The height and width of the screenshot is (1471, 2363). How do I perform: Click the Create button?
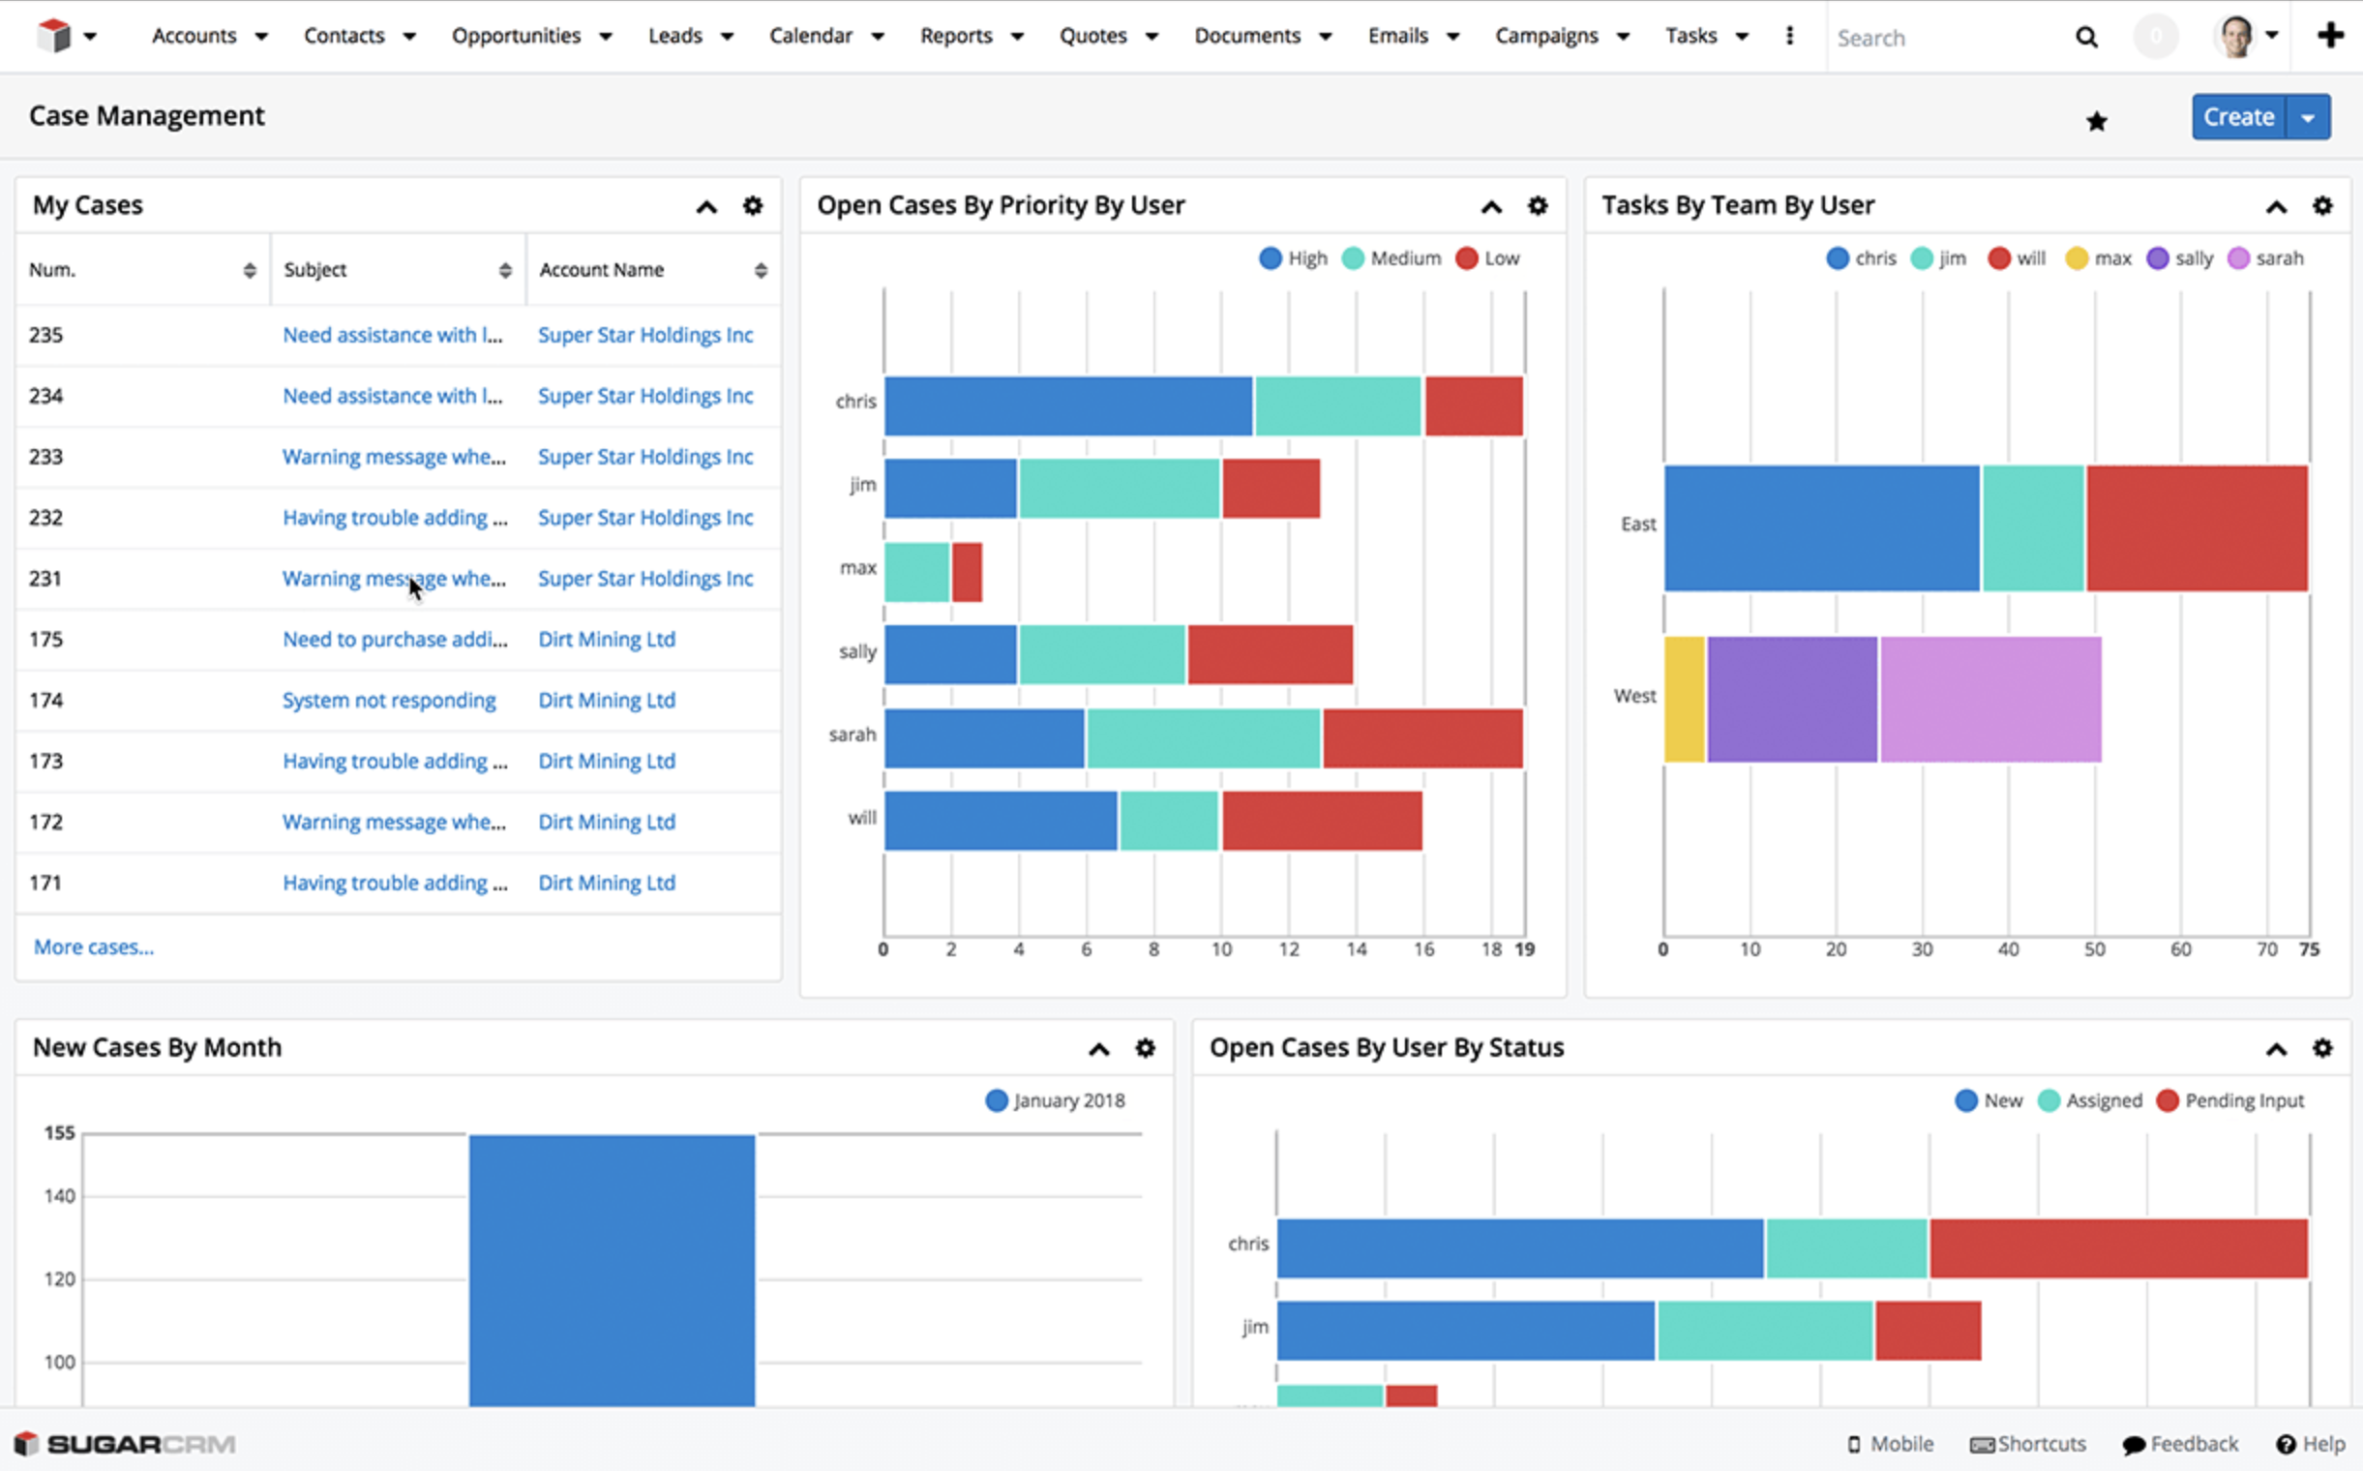coord(2237,117)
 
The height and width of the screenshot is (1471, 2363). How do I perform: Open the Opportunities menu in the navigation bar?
coord(517,36)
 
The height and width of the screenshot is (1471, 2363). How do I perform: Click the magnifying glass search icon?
coord(2085,37)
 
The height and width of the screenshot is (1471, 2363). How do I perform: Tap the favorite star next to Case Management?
coord(2097,121)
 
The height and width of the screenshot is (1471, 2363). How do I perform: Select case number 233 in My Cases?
coord(45,456)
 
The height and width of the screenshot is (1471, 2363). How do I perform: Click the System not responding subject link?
coord(389,701)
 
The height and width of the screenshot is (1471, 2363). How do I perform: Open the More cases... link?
coord(94,946)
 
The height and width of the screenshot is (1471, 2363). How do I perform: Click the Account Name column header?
coord(601,269)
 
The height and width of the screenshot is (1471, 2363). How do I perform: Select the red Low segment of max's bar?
coord(967,572)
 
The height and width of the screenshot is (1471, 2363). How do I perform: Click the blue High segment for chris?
coord(1067,405)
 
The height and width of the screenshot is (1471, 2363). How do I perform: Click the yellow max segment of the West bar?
coord(1684,699)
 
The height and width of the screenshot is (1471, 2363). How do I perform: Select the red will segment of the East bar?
coord(2196,527)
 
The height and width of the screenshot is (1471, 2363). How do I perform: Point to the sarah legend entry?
coord(2265,257)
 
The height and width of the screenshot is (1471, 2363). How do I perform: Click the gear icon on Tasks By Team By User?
coord(2322,205)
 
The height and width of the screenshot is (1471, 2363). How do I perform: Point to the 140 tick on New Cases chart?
coord(59,1196)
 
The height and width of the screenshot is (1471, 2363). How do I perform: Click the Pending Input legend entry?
coord(2230,1100)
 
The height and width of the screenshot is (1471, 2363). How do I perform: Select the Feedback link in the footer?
coord(2181,1444)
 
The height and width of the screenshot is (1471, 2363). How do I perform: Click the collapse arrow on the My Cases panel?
coord(706,206)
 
